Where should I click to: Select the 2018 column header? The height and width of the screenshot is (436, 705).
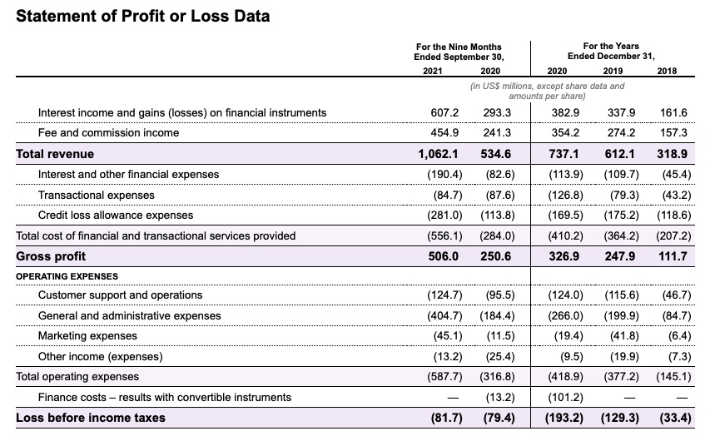pos(667,71)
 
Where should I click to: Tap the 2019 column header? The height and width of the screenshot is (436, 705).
pos(612,71)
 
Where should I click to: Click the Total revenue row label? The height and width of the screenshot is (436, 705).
pos(55,154)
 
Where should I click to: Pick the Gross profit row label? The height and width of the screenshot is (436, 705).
pos(51,256)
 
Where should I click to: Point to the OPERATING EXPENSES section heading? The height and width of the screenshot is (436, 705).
pos(67,276)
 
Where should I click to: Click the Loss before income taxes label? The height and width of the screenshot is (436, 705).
pos(91,418)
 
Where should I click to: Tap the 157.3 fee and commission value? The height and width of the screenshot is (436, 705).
pos(673,133)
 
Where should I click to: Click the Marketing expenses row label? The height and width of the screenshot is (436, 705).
pos(88,336)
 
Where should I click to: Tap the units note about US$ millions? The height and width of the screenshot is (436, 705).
pos(547,91)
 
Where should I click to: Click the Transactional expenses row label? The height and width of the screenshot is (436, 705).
pos(97,195)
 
